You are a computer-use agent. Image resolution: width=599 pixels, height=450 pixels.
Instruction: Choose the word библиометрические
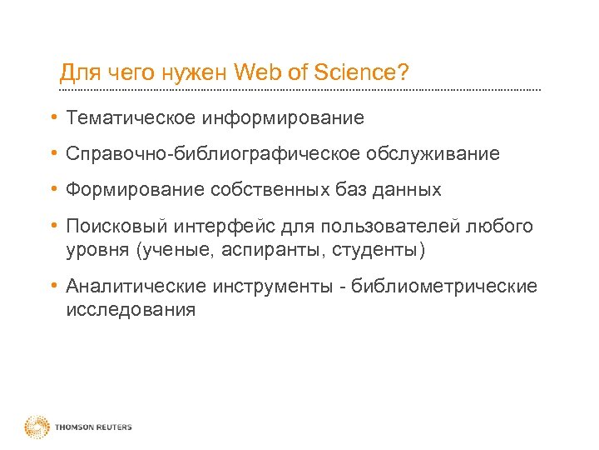coord(444,287)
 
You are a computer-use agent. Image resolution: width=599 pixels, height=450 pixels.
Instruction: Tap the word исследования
coord(131,310)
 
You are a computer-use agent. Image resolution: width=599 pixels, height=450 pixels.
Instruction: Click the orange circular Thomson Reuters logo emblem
coord(37,427)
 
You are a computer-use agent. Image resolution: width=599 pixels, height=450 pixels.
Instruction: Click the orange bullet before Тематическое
coord(52,118)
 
